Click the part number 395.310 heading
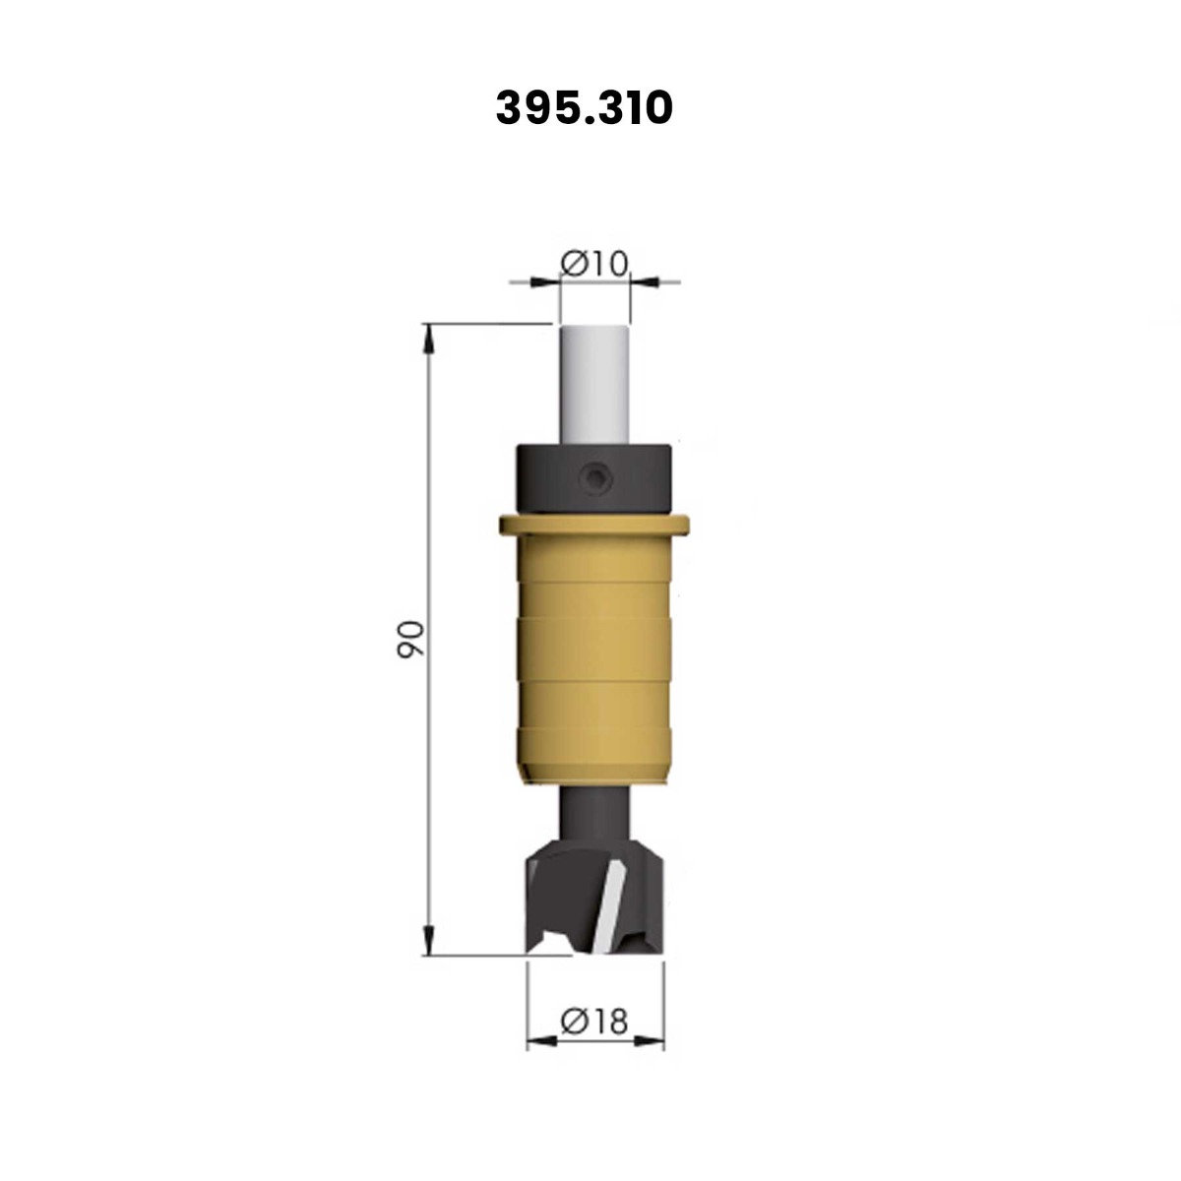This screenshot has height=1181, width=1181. click(x=584, y=108)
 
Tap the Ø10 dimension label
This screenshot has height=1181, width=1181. click(x=594, y=264)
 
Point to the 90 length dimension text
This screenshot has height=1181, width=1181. click(x=410, y=640)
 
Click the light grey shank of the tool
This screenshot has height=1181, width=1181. click(x=593, y=383)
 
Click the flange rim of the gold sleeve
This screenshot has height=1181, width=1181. click(x=593, y=526)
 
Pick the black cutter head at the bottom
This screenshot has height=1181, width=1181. click(x=594, y=904)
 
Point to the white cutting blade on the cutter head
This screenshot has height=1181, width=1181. click(x=608, y=913)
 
